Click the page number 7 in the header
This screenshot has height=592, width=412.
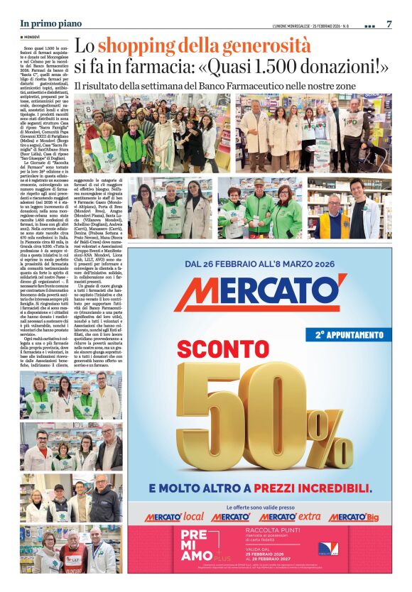tap(389, 24)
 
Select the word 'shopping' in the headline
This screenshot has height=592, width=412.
tap(138, 47)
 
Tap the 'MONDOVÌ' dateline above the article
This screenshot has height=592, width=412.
tap(31, 36)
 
